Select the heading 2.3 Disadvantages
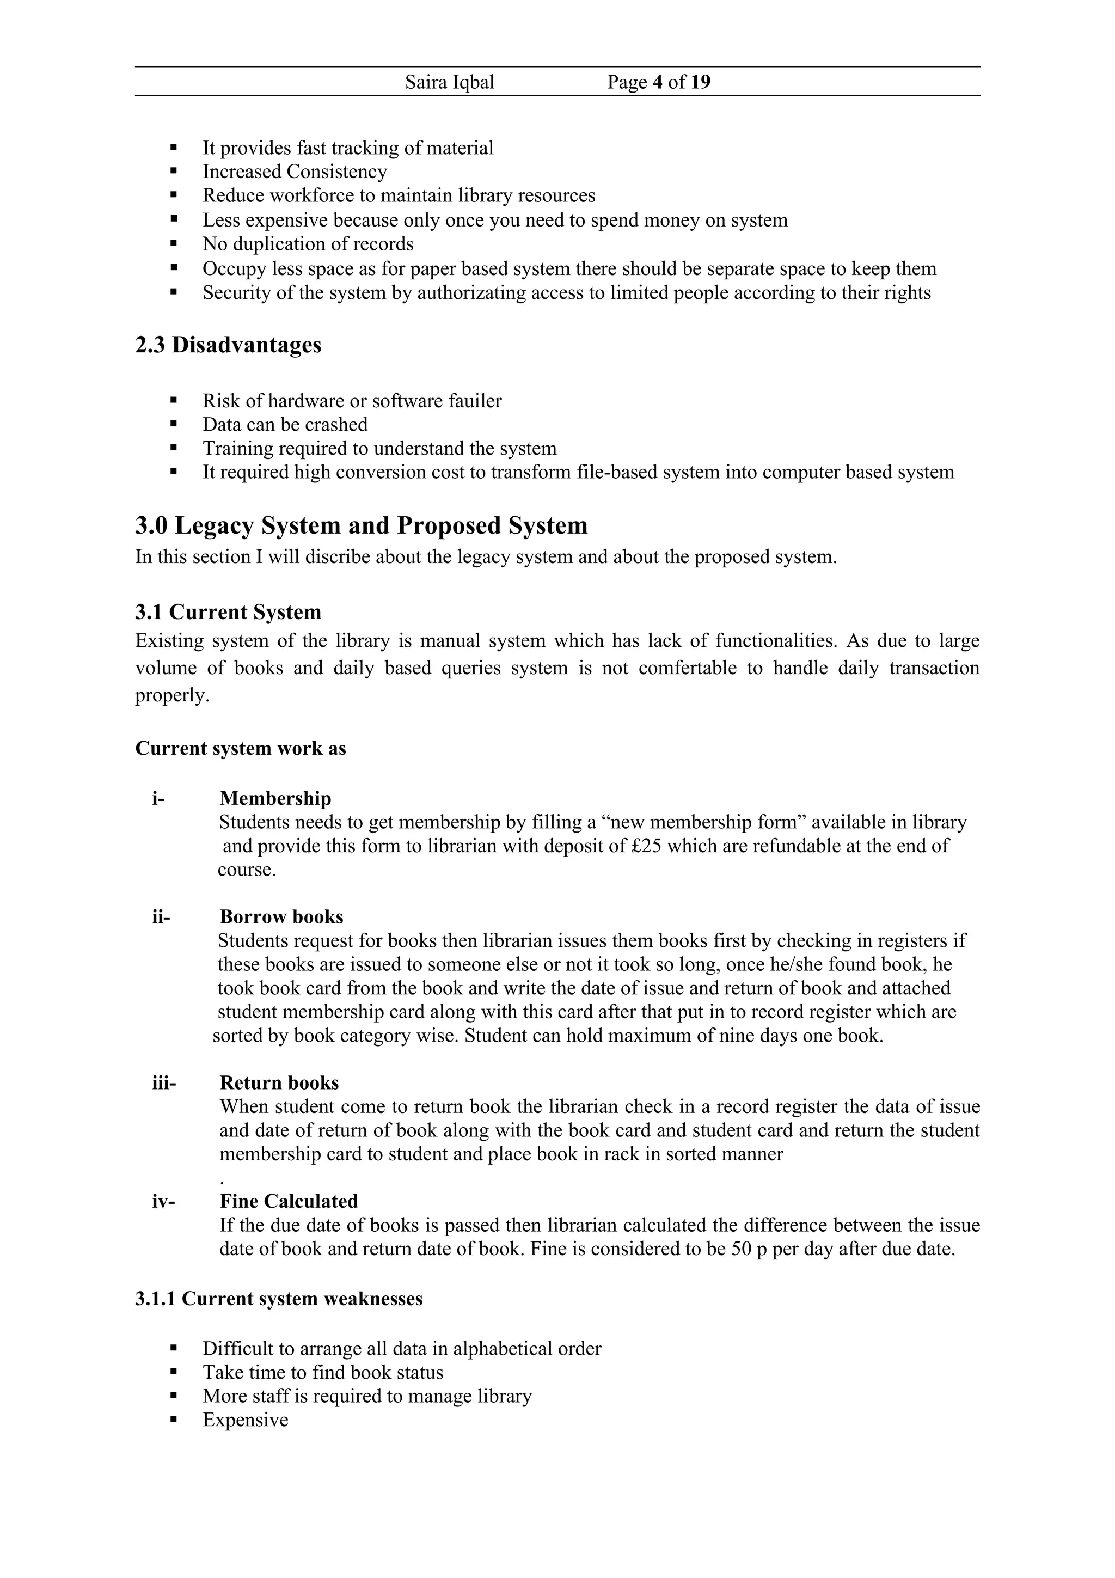point(228,345)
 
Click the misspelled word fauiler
point(475,401)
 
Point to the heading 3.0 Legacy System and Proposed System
point(362,526)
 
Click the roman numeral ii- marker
point(161,917)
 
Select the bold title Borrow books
point(281,917)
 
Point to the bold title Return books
point(279,1082)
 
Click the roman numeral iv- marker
point(163,1201)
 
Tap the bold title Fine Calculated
point(289,1201)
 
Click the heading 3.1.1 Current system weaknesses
point(278,1298)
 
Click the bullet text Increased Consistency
point(295,172)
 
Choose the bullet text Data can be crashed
point(285,425)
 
